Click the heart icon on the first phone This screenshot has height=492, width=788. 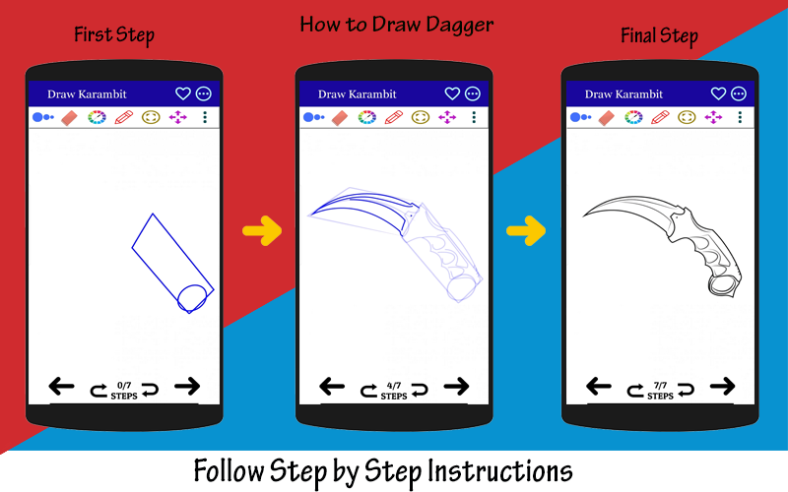(x=183, y=93)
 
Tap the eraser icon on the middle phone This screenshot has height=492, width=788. (x=340, y=118)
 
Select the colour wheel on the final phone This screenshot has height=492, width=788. (x=633, y=117)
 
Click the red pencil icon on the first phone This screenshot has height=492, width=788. (x=124, y=117)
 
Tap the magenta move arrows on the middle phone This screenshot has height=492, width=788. (x=447, y=117)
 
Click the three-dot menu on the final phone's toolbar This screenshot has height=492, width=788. (x=740, y=117)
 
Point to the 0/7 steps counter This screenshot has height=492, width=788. (x=124, y=391)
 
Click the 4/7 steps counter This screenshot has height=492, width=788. (x=394, y=391)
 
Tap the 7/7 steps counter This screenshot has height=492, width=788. (x=660, y=391)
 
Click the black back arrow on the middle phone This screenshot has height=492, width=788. (x=332, y=387)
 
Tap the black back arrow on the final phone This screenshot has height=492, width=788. (x=599, y=387)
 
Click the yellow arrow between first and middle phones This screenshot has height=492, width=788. (x=262, y=231)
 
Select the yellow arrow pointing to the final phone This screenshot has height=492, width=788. (x=526, y=231)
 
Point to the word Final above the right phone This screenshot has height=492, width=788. (x=637, y=35)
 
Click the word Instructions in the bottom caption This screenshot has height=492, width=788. (x=500, y=471)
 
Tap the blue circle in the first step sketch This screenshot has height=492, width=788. (x=192, y=298)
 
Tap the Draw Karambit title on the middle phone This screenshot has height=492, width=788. (x=358, y=93)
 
